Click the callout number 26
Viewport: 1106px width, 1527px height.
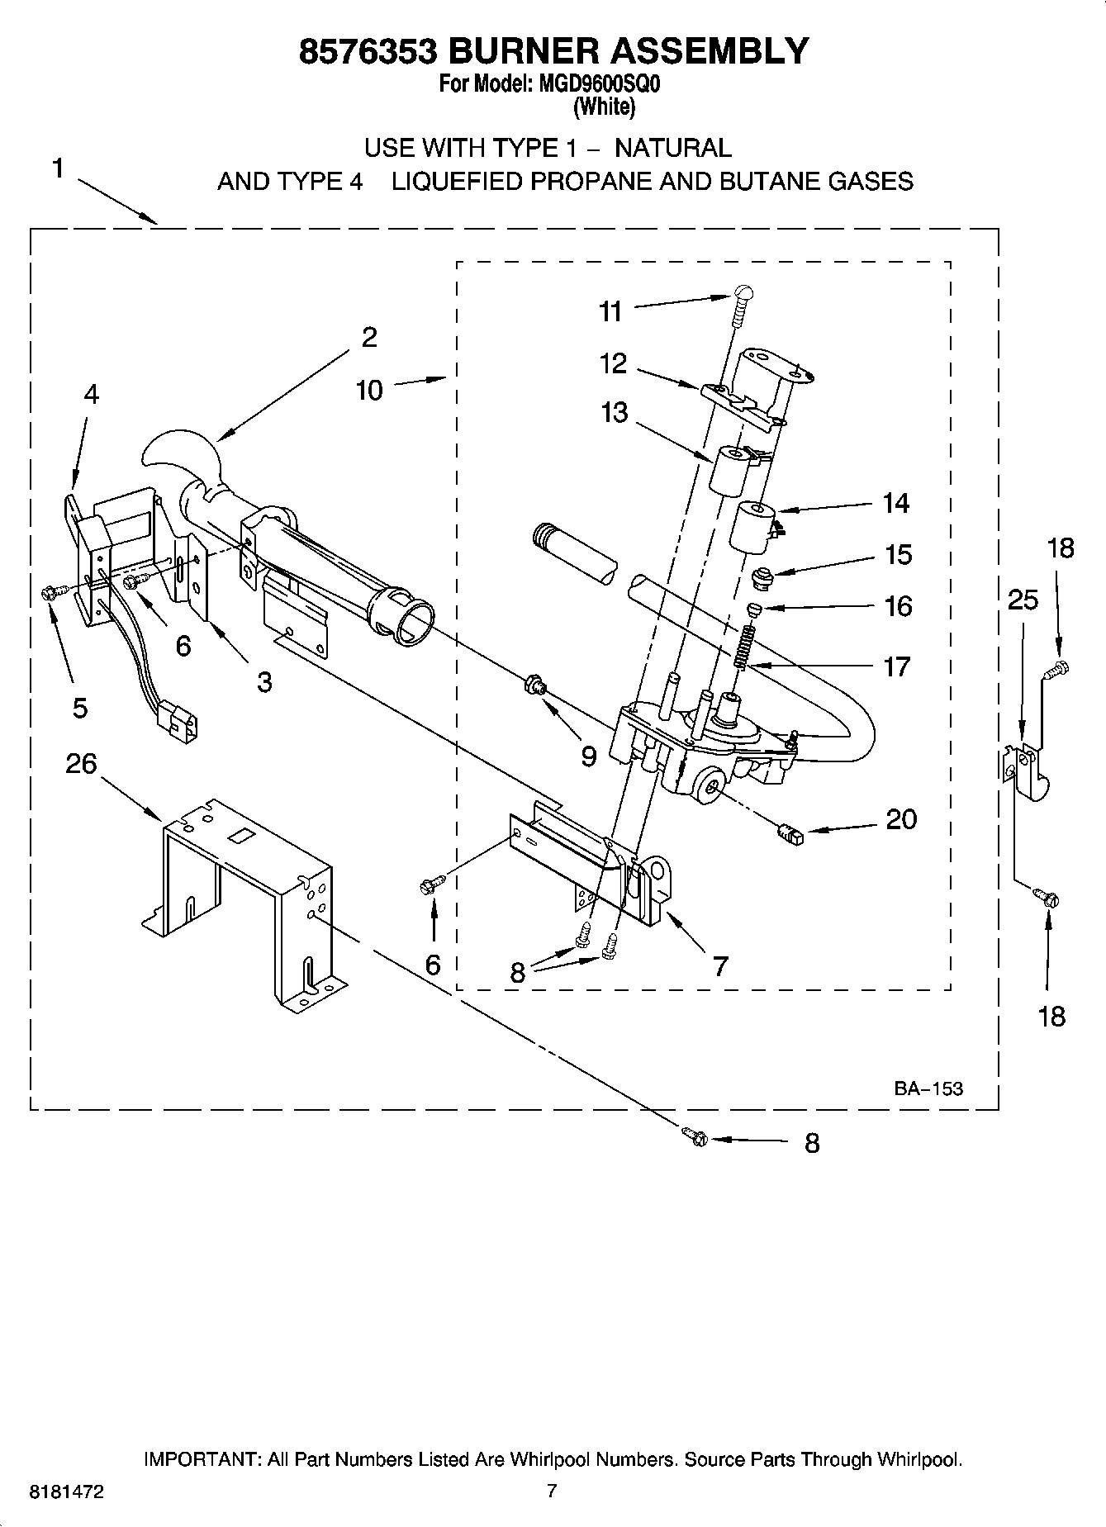point(81,764)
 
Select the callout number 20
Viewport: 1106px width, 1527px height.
point(901,819)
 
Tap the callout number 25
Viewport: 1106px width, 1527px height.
point(1023,600)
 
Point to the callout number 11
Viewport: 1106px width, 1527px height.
point(610,311)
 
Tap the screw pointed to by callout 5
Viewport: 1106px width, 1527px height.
point(48,591)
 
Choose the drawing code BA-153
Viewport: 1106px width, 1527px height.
point(928,1088)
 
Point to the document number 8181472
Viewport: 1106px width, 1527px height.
point(66,1491)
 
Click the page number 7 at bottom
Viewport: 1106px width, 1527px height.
point(552,1491)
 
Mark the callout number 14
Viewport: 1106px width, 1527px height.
point(895,502)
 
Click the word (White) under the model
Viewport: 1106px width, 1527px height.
point(604,107)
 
